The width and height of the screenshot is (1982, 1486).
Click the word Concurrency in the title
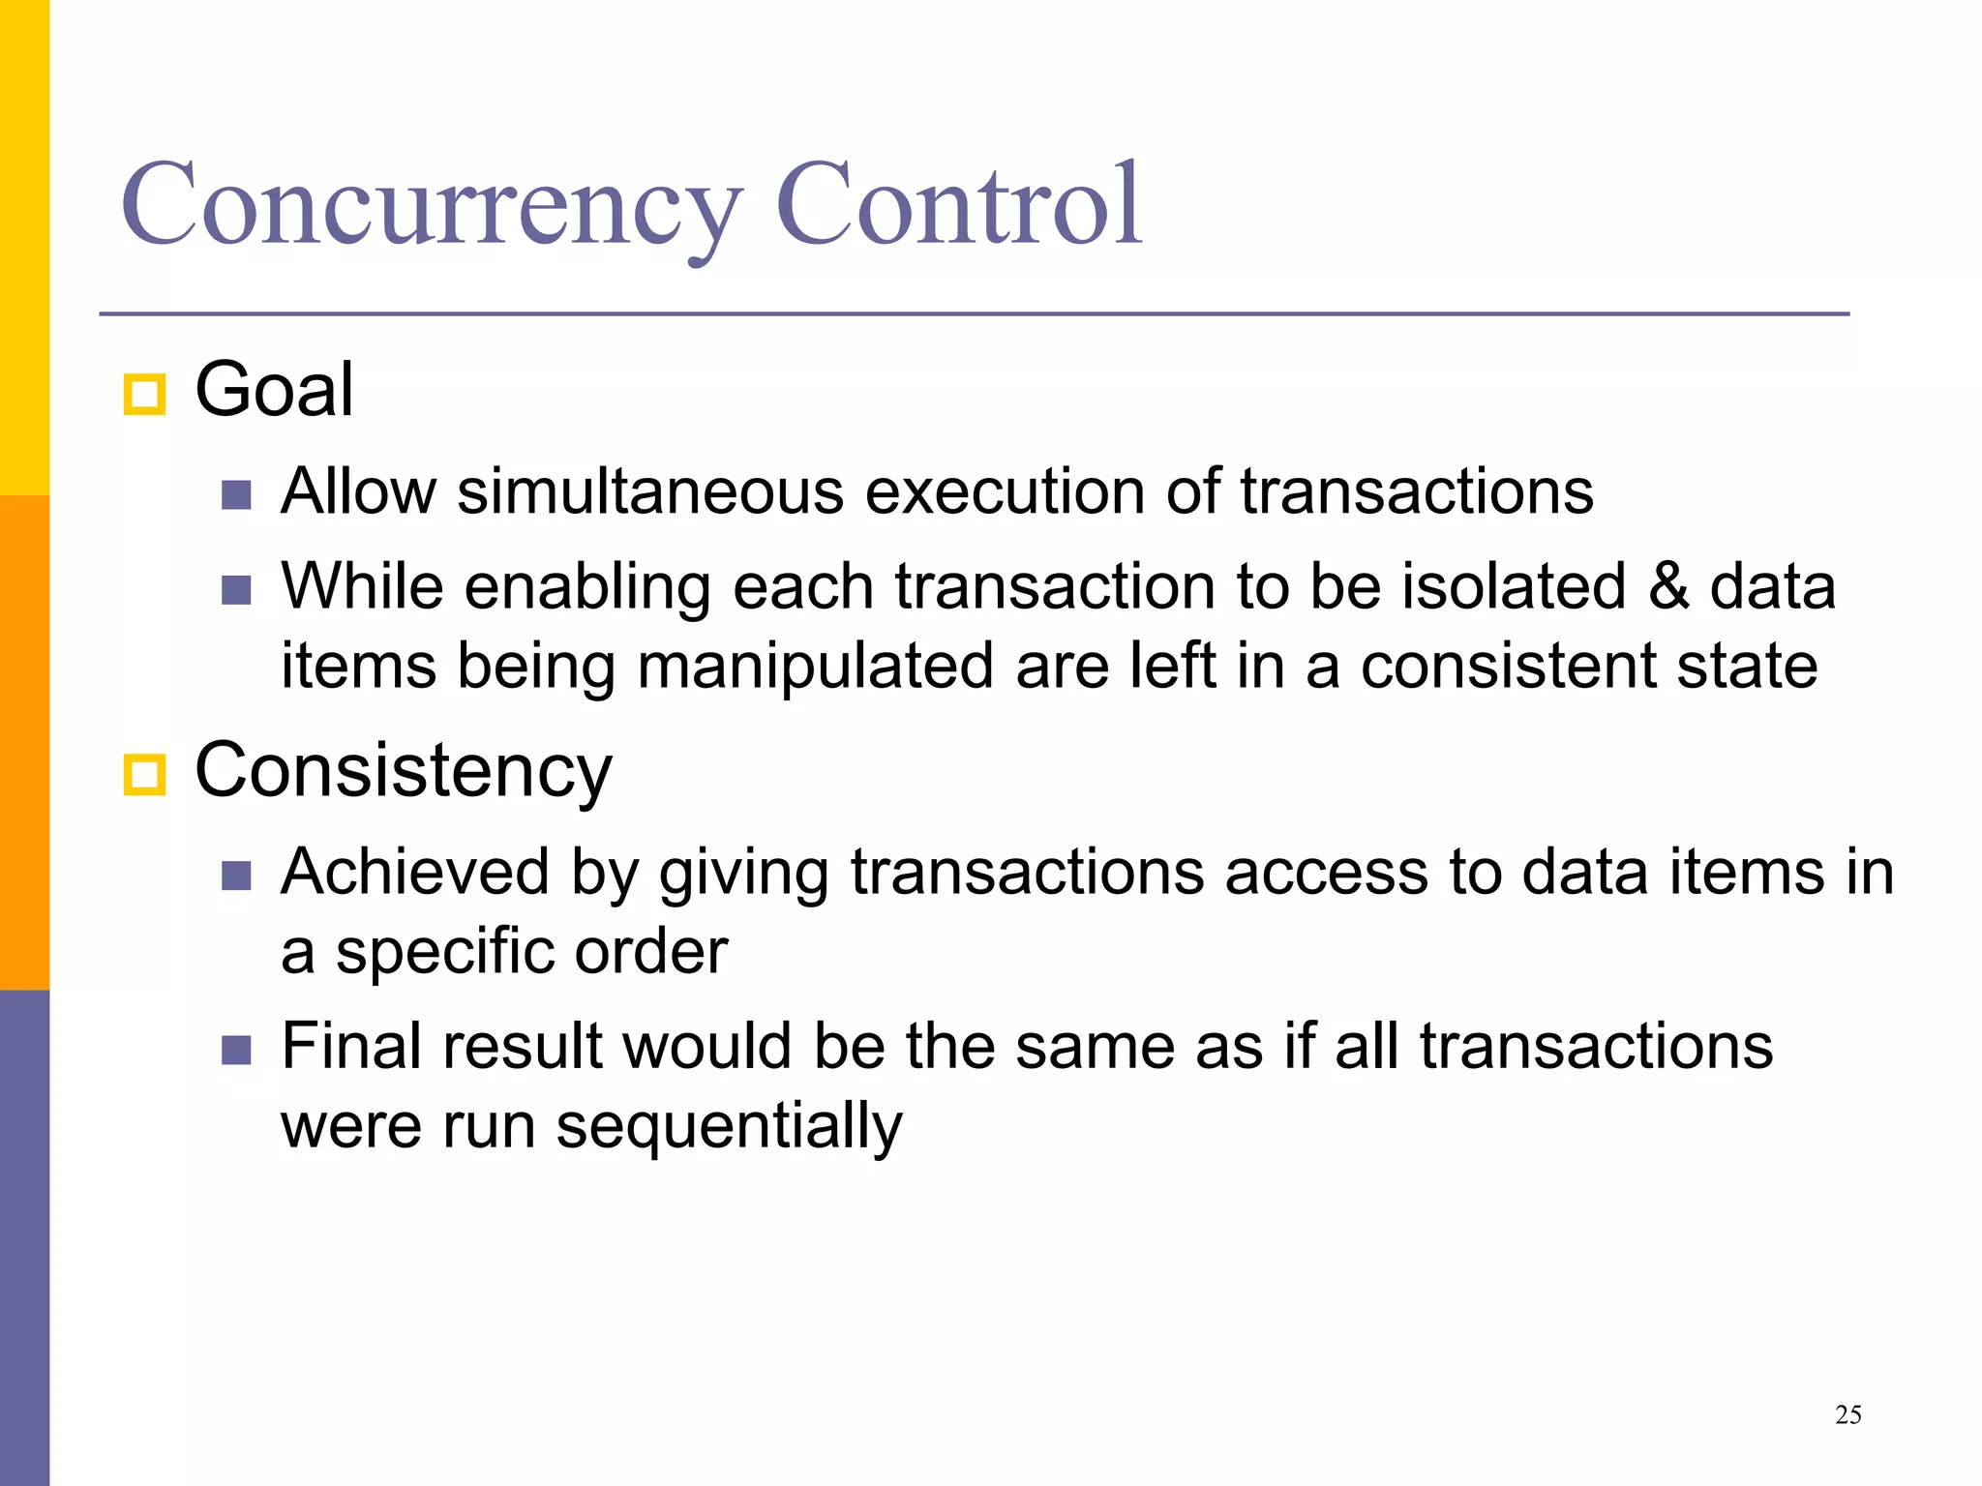pyautogui.click(x=432, y=205)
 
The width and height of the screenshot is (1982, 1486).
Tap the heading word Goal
pyautogui.click(x=274, y=389)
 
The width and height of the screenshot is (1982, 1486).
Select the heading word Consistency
pyautogui.click(x=404, y=771)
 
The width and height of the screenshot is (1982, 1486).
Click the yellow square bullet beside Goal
pyautogui.click(x=145, y=395)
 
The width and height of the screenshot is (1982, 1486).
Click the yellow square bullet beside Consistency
pyautogui.click(x=145, y=775)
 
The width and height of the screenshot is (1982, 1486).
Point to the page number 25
pyautogui.click(x=1847, y=1415)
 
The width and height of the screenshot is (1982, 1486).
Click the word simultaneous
pyautogui.click(x=650, y=491)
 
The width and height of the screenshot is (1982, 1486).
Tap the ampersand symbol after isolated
pyautogui.click(x=1668, y=586)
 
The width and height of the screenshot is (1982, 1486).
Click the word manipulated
pyautogui.click(x=815, y=667)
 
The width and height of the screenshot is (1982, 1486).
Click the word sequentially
pyautogui.click(x=729, y=1126)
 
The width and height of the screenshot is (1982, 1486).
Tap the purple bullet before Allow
pyautogui.click(x=236, y=495)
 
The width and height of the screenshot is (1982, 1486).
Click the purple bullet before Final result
pyautogui.click(x=236, y=1050)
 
